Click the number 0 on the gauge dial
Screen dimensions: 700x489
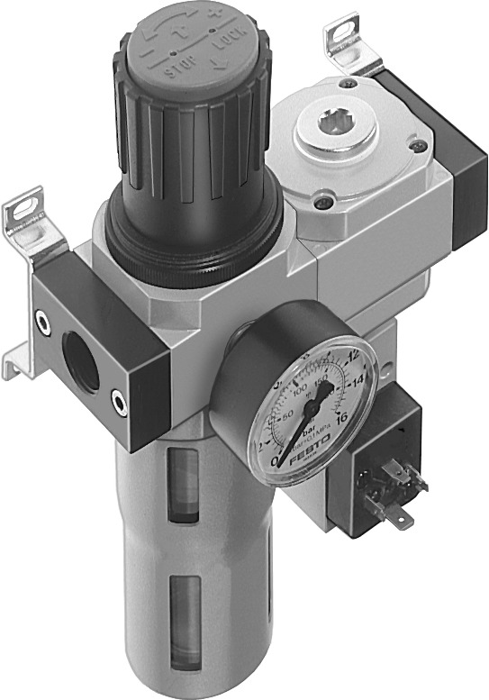click(275, 461)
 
